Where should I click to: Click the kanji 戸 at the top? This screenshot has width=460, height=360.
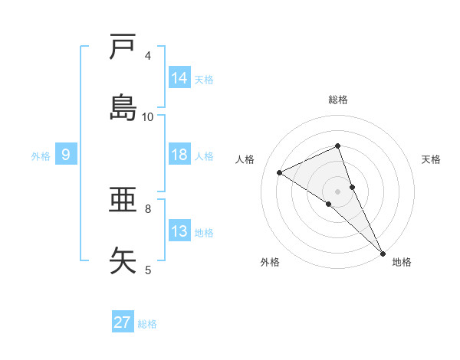(x=123, y=47)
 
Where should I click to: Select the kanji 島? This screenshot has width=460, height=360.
(x=123, y=108)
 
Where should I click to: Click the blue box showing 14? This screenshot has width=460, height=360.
(x=179, y=78)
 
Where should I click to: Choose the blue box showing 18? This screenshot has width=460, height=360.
(x=179, y=155)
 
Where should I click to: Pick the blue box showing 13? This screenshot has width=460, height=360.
(x=179, y=231)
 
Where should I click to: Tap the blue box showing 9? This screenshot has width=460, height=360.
(x=66, y=155)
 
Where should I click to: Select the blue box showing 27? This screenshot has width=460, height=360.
(x=123, y=322)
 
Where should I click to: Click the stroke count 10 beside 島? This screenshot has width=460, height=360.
(x=148, y=116)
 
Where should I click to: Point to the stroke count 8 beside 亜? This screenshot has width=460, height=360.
(x=148, y=208)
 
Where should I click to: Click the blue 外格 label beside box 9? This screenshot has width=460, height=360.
(x=41, y=155)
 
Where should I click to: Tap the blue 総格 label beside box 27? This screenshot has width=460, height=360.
(x=147, y=324)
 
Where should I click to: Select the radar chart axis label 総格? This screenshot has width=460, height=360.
(x=338, y=100)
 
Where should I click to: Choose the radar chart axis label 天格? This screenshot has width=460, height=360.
(x=432, y=159)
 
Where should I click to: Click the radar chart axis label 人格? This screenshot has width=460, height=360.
(x=245, y=159)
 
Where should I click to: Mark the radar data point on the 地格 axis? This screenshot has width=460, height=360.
(x=383, y=252)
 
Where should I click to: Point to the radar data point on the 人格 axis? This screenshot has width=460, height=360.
(x=280, y=172)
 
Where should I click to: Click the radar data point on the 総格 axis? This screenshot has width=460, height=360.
(x=338, y=146)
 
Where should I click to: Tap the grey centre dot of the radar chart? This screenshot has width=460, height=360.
(x=338, y=191)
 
